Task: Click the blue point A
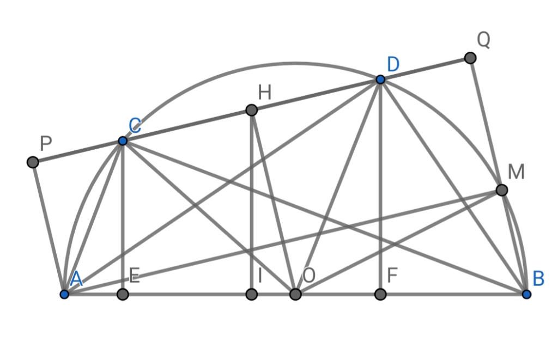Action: tap(64, 294)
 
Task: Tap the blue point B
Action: tap(526, 294)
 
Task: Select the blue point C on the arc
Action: tap(123, 141)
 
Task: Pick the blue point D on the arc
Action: tap(380, 80)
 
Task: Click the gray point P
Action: tap(33, 162)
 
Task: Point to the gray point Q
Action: tap(470, 58)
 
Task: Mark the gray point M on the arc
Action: tap(502, 190)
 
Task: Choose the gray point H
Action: tap(251, 110)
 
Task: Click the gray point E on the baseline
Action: tap(123, 294)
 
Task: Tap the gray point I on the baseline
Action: tap(251, 294)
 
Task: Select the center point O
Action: tap(295, 294)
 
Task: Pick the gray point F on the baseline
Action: tap(380, 294)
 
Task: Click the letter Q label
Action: tap(483, 40)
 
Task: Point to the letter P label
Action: tap(46, 144)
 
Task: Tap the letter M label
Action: tap(515, 172)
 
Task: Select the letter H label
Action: tap(264, 93)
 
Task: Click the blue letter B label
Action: tap(538, 279)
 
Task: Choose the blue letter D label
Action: tap(393, 64)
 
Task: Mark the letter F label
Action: tap(392, 276)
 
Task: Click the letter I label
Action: tap(260, 276)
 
